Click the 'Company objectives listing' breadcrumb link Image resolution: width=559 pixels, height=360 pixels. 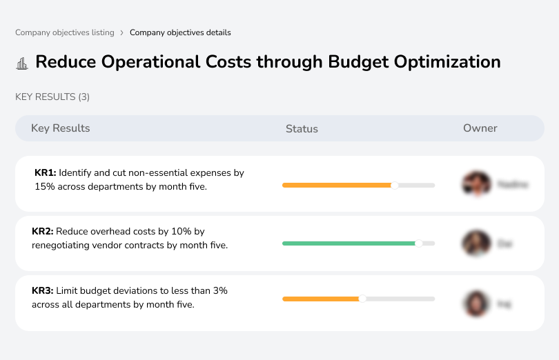pyautogui.click(x=65, y=32)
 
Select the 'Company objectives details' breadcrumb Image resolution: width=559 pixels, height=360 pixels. pyautogui.click(x=180, y=32)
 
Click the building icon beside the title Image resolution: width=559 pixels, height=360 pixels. pyautogui.click(x=22, y=63)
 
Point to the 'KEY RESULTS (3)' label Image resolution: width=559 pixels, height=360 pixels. pyautogui.click(x=52, y=97)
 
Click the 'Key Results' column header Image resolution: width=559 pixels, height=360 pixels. pyautogui.click(x=60, y=128)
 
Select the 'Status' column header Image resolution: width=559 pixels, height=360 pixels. pyautogui.click(x=302, y=129)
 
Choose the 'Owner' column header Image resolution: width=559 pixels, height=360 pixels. pyautogui.click(x=480, y=128)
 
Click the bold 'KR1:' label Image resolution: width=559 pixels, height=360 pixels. pyautogui.click(x=45, y=173)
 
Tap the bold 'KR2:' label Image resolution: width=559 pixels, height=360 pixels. pyautogui.click(x=43, y=232)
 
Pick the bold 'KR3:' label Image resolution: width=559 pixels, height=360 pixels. pyautogui.click(x=43, y=291)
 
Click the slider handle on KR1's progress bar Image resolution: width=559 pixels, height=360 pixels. pyautogui.click(x=395, y=185)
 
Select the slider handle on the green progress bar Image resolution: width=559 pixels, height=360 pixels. pyautogui.click(x=418, y=243)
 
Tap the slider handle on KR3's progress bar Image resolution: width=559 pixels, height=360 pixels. pyautogui.click(x=362, y=299)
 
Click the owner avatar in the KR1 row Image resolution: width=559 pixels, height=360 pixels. pyautogui.click(x=476, y=184)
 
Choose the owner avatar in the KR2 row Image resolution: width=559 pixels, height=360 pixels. pyautogui.click(x=476, y=243)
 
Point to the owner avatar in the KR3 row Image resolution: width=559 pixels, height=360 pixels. pyautogui.click(x=476, y=303)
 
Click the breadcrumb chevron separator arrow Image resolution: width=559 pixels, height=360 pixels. pyautogui.click(x=122, y=32)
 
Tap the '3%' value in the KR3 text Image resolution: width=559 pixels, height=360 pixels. pyautogui.click(x=219, y=291)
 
